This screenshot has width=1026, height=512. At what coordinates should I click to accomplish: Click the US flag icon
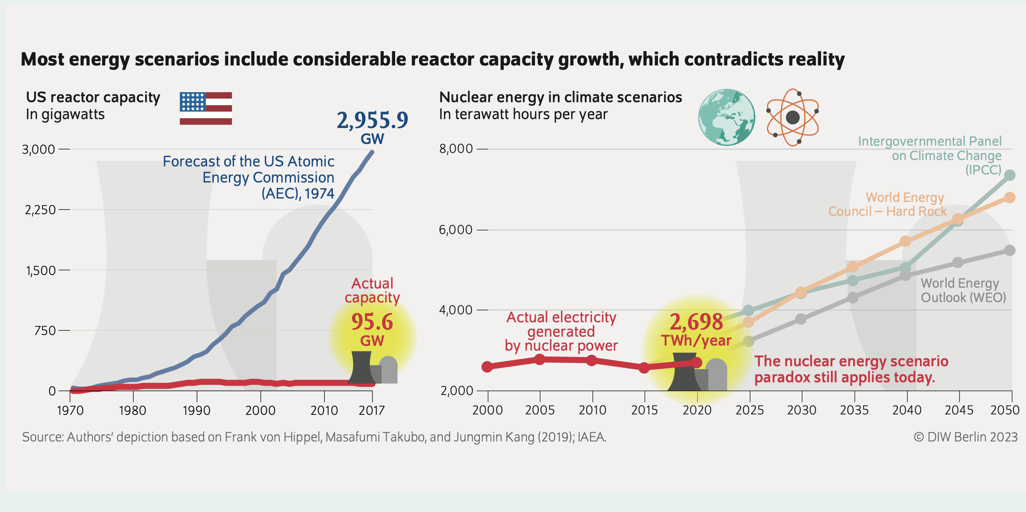206,108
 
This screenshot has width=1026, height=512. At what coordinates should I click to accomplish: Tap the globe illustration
726,117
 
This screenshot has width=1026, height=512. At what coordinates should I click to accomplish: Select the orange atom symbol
792,117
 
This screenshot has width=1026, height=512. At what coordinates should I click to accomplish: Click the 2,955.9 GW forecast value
372,121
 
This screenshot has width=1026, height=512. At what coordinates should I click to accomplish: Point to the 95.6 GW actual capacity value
372,322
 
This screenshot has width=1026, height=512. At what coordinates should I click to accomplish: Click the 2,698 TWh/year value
696,323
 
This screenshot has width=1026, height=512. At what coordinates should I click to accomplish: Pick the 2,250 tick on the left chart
41,210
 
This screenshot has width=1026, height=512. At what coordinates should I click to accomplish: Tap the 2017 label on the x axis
371,411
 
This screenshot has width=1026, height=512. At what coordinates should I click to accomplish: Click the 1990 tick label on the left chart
196,411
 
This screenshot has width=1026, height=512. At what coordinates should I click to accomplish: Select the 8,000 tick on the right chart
456,149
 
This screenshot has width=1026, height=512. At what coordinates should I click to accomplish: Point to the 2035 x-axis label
854,410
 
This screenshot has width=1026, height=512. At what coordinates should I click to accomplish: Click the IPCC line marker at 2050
1010,175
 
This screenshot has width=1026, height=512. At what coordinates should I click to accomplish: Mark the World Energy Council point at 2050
1010,198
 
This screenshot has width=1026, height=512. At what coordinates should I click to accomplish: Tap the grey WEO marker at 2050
1010,251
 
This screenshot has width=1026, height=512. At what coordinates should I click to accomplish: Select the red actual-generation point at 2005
540,359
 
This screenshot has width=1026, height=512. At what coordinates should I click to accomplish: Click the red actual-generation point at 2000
487,367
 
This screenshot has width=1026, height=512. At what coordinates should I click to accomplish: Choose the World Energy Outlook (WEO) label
963,290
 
